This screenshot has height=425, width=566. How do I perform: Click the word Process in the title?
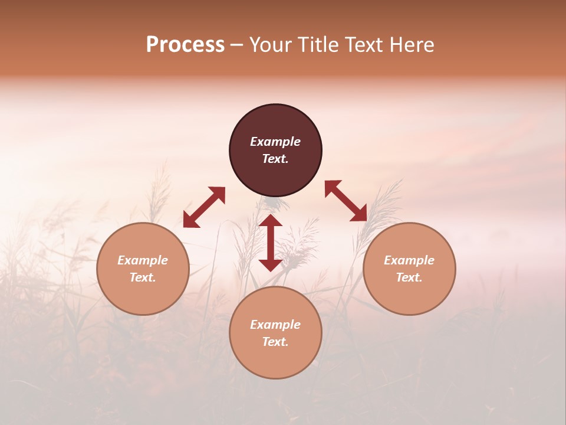coord(185,45)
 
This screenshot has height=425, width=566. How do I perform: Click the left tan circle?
coord(143,269)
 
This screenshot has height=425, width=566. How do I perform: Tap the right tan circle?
coord(409,269)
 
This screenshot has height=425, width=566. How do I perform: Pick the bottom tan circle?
coord(275,333)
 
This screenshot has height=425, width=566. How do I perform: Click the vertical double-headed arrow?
coord(271,243)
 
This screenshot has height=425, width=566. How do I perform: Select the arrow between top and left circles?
coord(204,207)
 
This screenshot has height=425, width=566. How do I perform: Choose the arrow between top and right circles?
coord(345,201)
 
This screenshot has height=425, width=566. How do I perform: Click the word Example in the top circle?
coord(275,142)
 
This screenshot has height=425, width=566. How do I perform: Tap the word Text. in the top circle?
coord(275,159)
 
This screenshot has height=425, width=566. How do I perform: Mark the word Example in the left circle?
coord(143,260)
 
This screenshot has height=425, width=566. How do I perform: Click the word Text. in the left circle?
coord(143,277)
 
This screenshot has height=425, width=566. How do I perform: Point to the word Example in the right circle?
coord(409,260)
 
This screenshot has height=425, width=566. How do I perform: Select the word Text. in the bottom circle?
coord(275,342)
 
